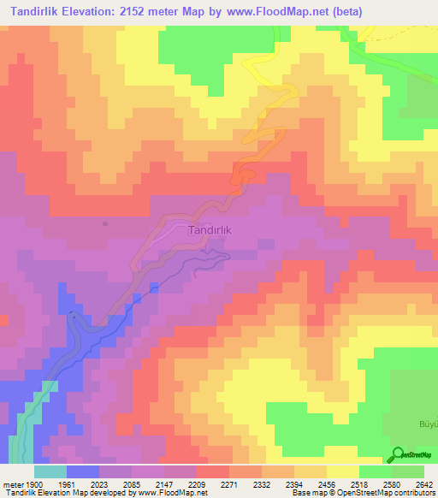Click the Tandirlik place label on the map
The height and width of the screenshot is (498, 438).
pos(210,230)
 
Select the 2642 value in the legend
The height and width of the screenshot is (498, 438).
pos(424,484)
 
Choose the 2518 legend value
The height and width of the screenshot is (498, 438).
pos(358,484)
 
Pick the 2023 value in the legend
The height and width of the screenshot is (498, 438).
pos(88,484)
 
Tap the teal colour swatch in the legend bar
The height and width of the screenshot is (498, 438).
pos(50,471)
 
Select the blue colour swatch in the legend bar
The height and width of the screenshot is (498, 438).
pos(82,471)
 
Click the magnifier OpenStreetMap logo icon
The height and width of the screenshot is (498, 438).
pos(398,455)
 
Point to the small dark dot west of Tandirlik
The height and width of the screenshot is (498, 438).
pos(105,224)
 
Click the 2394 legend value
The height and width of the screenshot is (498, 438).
pos(293,484)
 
